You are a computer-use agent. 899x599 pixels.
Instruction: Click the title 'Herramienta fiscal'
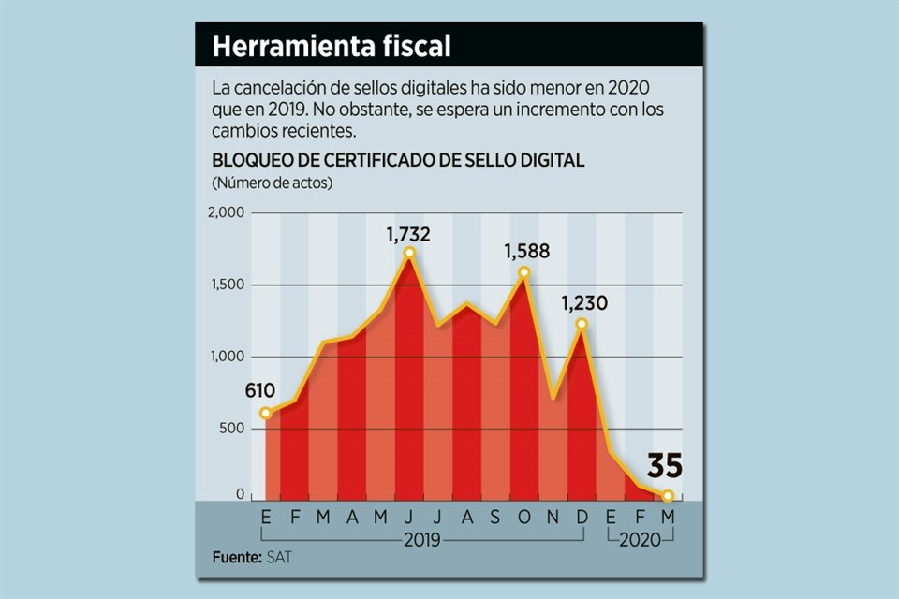pyautogui.click(x=332, y=46)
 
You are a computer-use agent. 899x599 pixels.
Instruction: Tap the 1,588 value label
pyautogui.click(x=526, y=252)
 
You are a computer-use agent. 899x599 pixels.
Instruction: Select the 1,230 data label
pyautogui.click(x=584, y=303)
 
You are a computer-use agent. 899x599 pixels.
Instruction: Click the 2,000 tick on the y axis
pyautogui.click(x=226, y=213)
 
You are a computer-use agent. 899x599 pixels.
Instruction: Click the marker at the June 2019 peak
pyautogui.click(x=409, y=253)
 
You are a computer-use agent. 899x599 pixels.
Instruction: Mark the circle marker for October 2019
pyautogui.click(x=524, y=272)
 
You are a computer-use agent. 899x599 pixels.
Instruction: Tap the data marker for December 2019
pyautogui.click(x=582, y=324)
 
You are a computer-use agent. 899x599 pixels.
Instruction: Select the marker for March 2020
pyautogui.click(x=668, y=496)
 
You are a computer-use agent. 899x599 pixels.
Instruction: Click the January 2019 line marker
pyautogui.click(x=266, y=413)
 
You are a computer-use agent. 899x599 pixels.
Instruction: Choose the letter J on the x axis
pyautogui.click(x=409, y=517)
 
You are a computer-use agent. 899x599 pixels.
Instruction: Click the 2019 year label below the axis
pyautogui.click(x=423, y=540)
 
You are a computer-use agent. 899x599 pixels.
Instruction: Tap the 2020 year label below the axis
pyautogui.click(x=641, y=540)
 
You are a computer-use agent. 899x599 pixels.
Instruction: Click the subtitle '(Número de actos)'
pyautogui.click(x=273, y=182)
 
